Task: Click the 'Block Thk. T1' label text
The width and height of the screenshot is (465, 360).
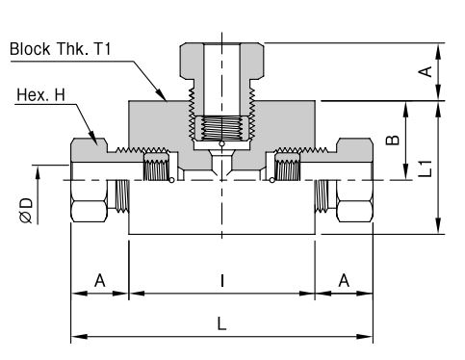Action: [61, 49]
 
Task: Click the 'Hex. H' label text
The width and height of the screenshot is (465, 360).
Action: [40, 95]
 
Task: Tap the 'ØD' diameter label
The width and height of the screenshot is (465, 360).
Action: [26, 211]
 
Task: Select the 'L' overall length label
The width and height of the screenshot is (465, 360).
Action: [221, 323]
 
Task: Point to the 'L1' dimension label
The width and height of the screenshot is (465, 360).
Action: [426, 168]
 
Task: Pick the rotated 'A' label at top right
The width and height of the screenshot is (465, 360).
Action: [426, 71]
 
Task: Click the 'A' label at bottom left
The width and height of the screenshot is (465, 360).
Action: [100, 280]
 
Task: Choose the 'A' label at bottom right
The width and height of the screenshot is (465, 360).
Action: [344, 280]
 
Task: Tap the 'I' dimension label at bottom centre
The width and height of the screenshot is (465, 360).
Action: [221, 280]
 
